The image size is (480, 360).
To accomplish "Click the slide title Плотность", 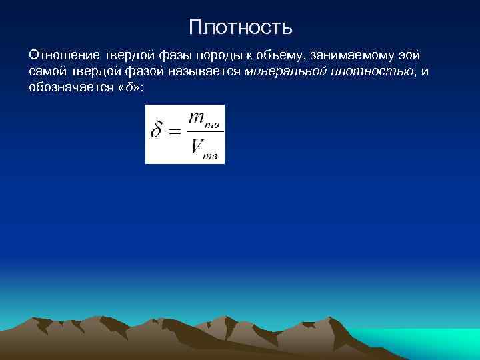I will coord(240,27).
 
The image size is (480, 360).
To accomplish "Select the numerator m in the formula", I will coord(197,118).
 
